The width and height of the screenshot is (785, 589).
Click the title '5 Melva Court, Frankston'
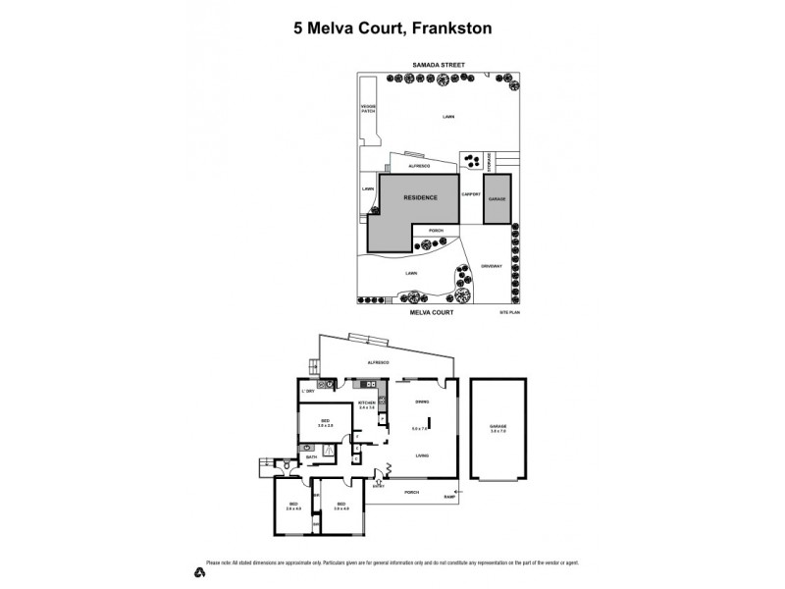(392, 28)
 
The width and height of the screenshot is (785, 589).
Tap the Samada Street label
(438, 66)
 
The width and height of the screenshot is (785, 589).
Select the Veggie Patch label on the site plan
(368, 109)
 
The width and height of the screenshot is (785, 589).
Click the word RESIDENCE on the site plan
(420, 197)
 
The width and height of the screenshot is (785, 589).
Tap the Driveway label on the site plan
(492, 265)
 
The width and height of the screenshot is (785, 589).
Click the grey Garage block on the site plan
(497, 197)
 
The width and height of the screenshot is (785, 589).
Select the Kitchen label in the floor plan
(367, 403)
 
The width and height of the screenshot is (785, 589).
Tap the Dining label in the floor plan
(422, 402)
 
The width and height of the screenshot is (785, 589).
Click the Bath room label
(312, 456)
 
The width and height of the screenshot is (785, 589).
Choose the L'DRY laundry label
(309, 392)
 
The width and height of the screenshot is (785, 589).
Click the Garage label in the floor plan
(497, 427)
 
